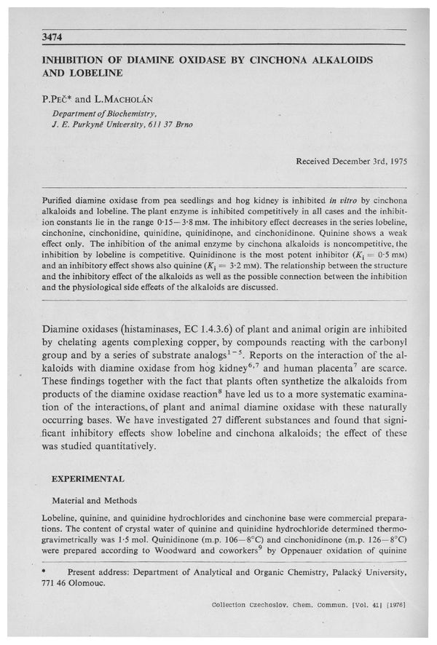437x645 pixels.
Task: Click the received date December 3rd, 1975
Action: (x=350, y=159)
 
